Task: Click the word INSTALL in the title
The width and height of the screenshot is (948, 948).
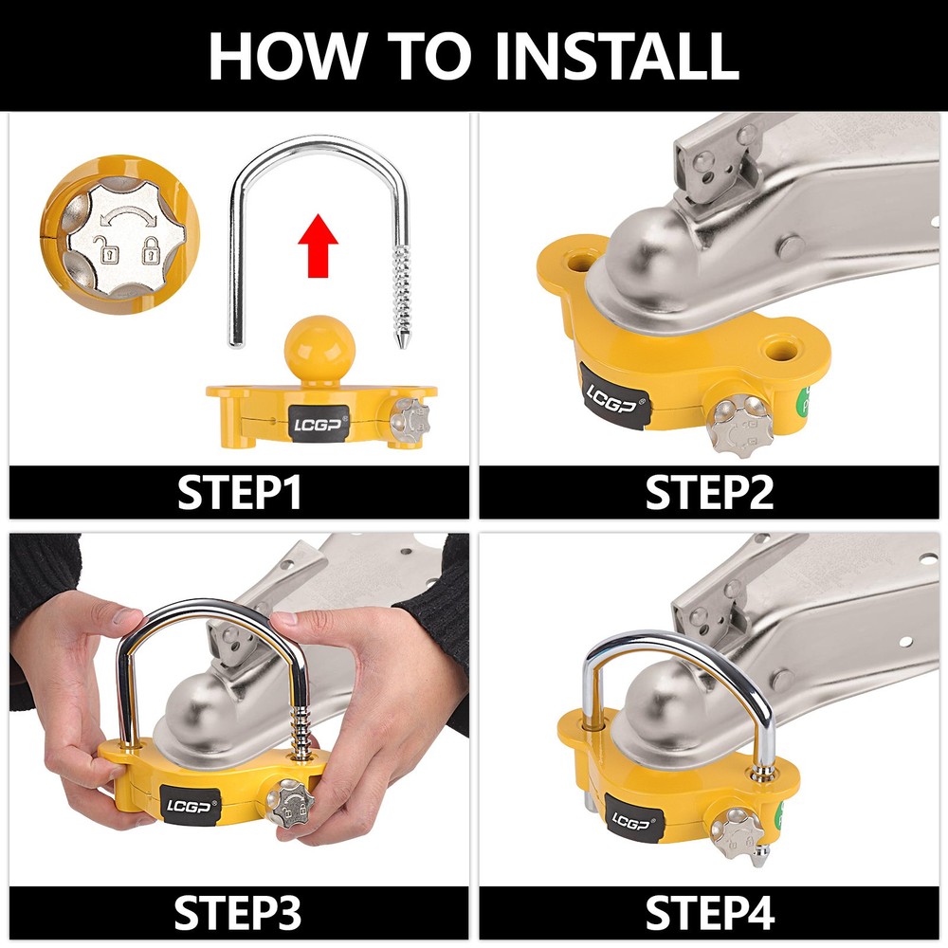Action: coord(617,56)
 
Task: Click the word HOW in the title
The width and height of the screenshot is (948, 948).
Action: coord(288,56)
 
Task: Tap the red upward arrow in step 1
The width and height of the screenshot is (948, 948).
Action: coord(318,245)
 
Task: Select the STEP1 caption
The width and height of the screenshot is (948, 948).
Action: coord(240,492)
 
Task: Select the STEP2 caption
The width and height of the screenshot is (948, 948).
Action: coord(709,492)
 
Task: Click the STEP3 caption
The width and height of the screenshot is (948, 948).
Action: coord(238,913)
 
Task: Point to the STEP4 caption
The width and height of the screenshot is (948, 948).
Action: coord(710,913)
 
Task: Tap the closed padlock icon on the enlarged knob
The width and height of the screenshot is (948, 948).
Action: coord(151,249)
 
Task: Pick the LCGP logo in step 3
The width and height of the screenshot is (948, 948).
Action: coord(190,806)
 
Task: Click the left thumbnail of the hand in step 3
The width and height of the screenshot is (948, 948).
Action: coord(127,616)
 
